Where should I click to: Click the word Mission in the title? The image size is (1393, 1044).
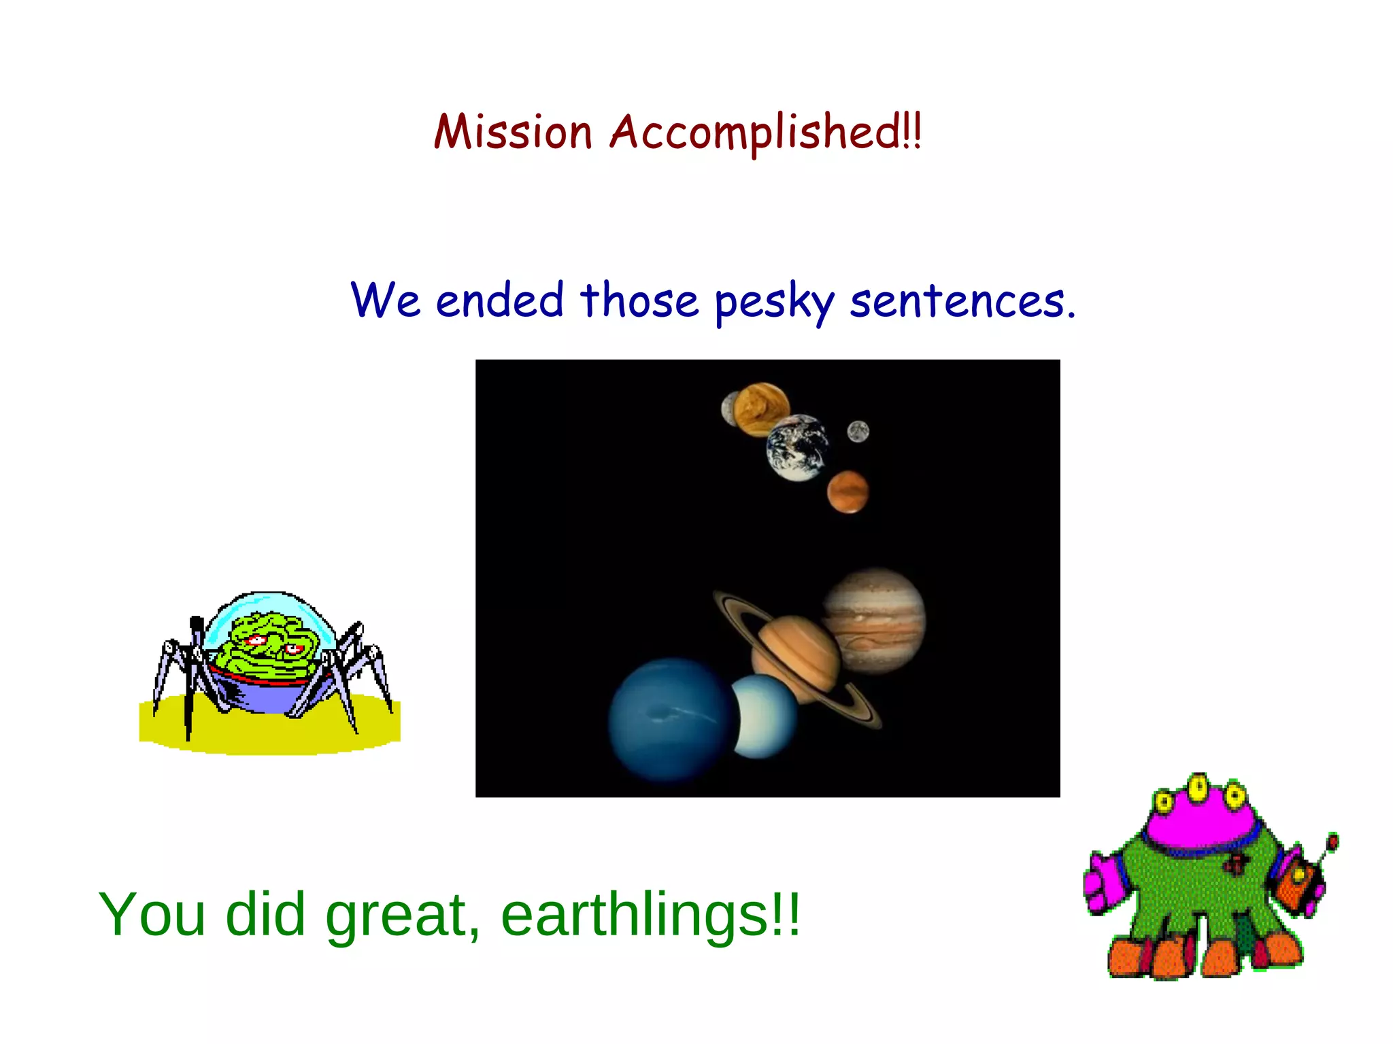[x=514, y=132]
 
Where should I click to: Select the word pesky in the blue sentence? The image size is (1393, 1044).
[x=774, y=302]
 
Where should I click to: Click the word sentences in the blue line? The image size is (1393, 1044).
[x=962, y=302]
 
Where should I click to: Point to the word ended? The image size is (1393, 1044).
[x=500, y=300]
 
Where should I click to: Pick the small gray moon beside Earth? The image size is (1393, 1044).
[x=858, y=432]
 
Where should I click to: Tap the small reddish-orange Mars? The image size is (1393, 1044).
[x=847, y=491]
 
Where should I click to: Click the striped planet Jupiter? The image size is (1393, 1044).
[x=876, y=621]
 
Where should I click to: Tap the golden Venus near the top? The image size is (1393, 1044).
[x=762, y=408]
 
